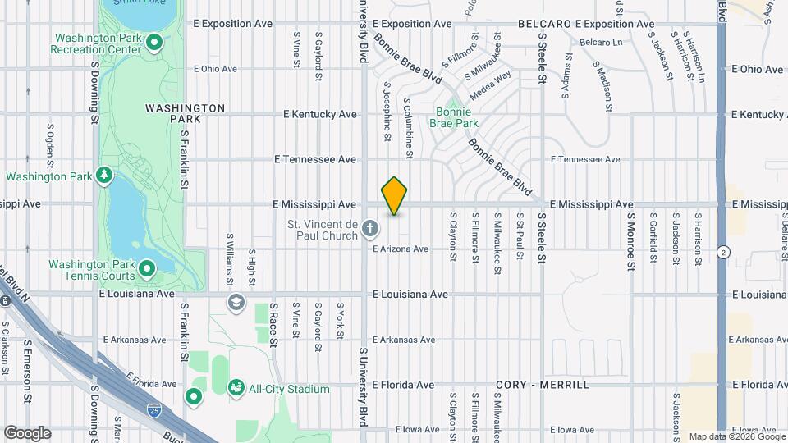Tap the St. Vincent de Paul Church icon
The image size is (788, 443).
370,226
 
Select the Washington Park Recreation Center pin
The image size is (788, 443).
155,44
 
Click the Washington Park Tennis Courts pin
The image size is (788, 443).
147,268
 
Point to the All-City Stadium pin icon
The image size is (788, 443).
236,386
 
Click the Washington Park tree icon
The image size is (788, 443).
104,175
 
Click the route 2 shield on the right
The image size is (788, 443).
723,252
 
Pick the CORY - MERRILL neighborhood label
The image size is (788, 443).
543,385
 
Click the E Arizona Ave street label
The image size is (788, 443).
401,249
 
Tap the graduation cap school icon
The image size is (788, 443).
237,304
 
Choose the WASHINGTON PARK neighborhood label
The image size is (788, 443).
185,113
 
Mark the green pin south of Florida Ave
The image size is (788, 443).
194,398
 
